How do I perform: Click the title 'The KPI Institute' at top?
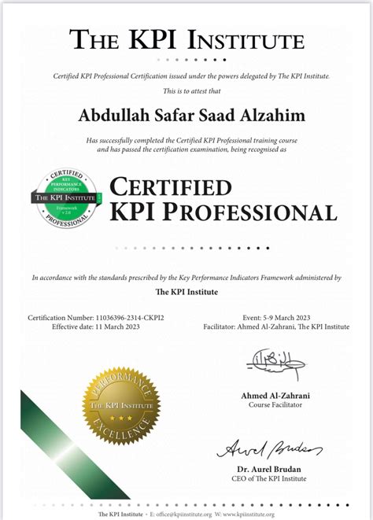coord(186,39)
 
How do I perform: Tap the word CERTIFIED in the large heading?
coord(170,187)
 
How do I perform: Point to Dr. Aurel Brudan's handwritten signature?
coord(268,449)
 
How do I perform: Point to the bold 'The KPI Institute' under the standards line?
coord(186,292)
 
